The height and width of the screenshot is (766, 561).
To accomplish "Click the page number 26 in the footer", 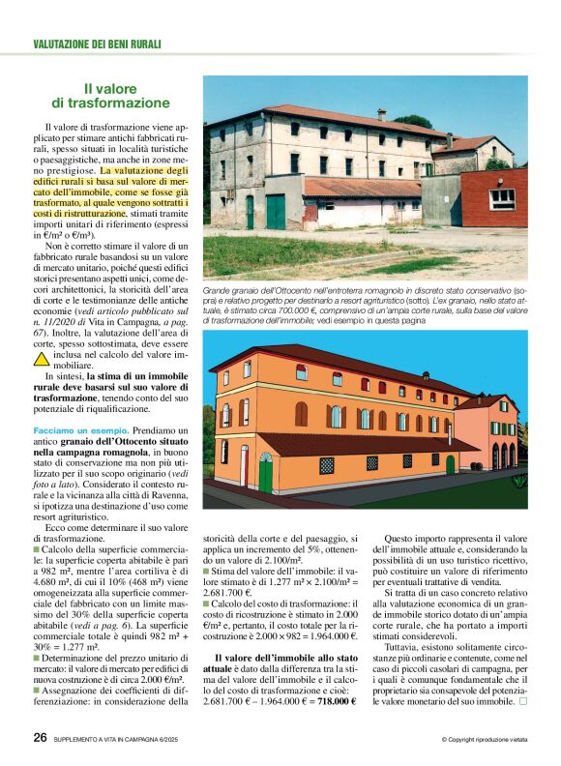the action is (40, 739).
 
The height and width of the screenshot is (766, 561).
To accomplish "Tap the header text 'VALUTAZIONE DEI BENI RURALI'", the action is (97, 44).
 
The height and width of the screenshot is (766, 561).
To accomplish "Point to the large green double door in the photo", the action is (276, 211).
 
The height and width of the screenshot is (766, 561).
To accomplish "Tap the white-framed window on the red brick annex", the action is (503, 198).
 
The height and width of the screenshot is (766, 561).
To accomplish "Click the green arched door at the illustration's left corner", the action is (265, 473).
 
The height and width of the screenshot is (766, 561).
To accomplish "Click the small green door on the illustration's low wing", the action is (450, 464).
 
